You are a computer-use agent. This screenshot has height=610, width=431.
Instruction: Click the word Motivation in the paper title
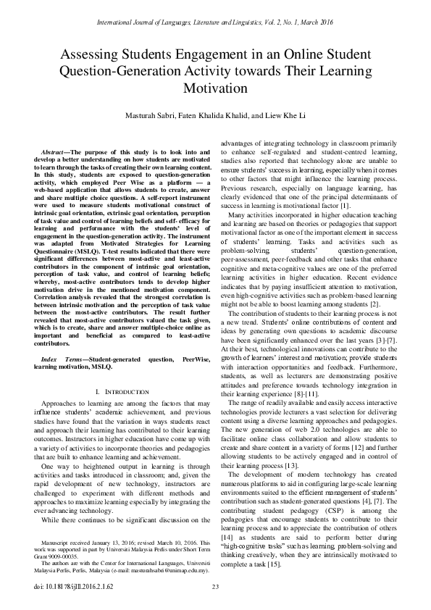click(215, 88)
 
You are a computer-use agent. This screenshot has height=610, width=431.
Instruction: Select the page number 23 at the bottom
click(215, 587)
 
